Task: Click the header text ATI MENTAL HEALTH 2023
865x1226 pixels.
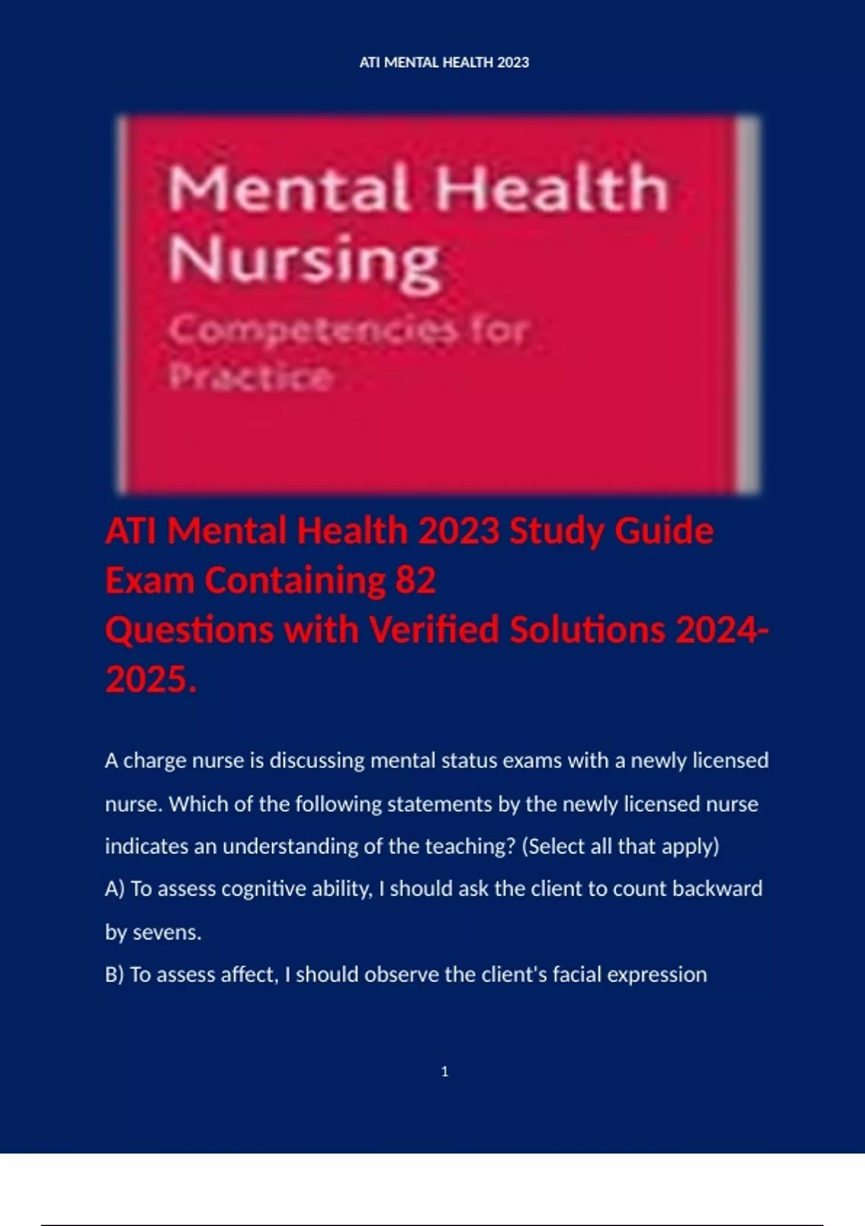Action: tap(444, 63)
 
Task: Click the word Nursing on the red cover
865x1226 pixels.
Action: tap(303, 261)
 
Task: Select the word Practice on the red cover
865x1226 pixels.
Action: tap(252, 376)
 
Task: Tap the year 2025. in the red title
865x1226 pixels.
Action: tap(151, 679)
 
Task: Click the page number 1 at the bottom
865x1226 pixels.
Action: tap(444, 1072)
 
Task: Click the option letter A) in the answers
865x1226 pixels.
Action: tap(115, 888)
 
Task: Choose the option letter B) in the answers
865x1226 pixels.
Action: tap(115, 974)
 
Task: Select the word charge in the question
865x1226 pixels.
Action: tap(155, 762)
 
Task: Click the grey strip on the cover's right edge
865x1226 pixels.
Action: tap(748, 303)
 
